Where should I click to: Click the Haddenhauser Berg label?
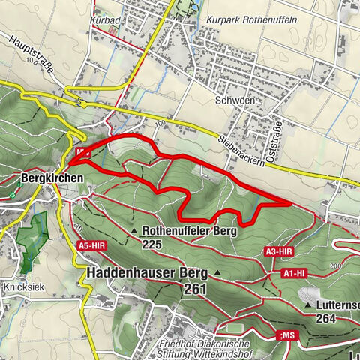pyautogui.click(x=148, y=272)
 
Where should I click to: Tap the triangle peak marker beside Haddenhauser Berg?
pyautogui.click(x=217, y=271)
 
